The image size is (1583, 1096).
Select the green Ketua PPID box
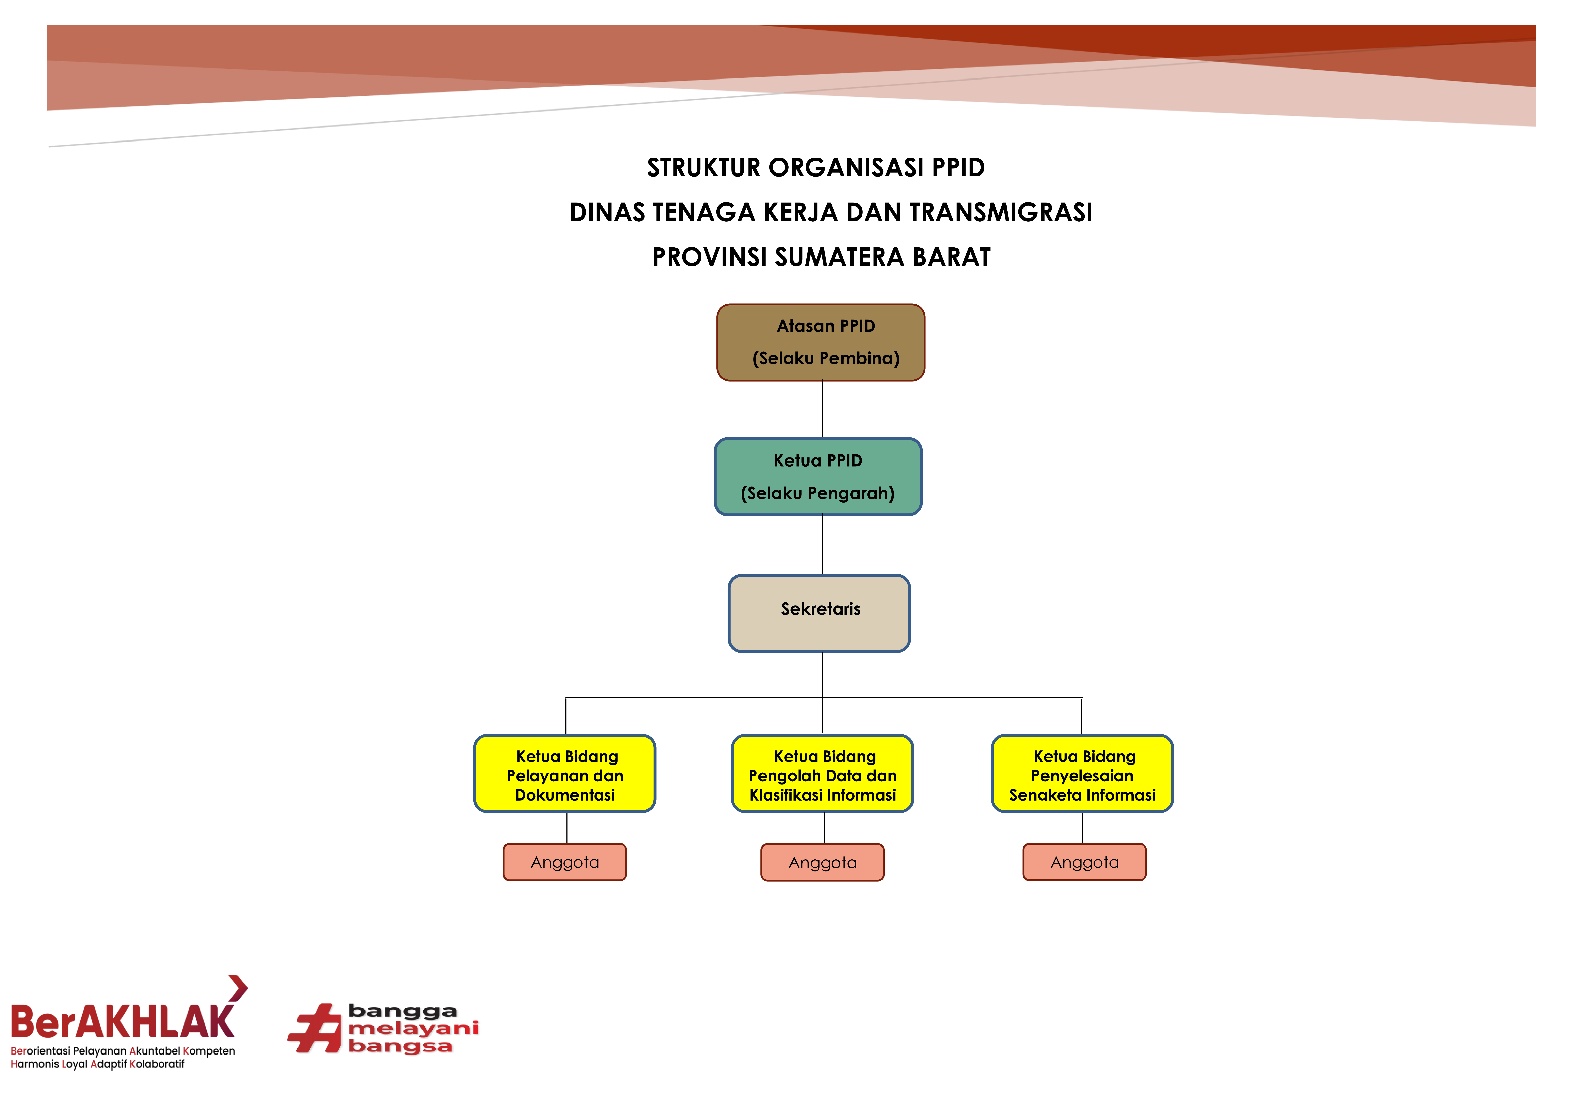818,477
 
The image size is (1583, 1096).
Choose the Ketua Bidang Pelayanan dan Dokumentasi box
565,773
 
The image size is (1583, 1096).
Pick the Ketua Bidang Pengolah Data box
822,773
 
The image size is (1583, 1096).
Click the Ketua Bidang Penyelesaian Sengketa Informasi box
1082,773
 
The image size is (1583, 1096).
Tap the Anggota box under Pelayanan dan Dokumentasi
565,862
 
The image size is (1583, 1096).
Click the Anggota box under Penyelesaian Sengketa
1084,862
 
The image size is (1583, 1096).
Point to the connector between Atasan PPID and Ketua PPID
822,409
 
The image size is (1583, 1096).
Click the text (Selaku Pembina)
826,358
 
